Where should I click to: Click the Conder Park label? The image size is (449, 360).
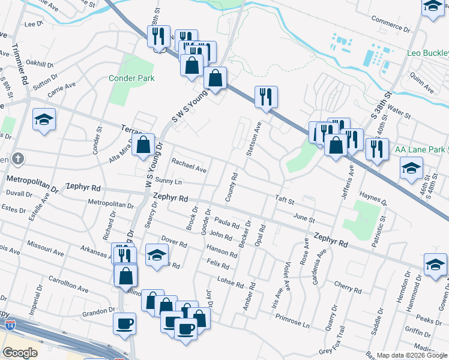pos(131,78)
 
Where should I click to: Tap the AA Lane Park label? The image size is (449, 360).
pos(420,149)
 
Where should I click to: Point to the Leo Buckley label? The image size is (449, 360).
pos(427,53)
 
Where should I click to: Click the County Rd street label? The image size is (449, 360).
pos(231,188)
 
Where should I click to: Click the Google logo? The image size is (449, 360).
pos(20,352)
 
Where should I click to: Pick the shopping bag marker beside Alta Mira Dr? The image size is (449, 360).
pos(143,145)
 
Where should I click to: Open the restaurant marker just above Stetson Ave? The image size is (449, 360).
pos(265,97)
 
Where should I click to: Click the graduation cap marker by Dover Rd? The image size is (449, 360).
pos(157,256)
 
